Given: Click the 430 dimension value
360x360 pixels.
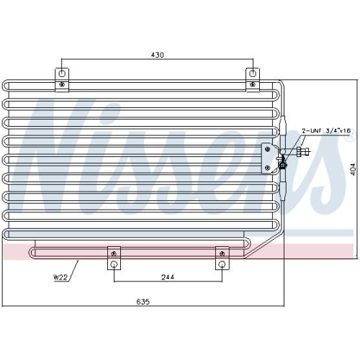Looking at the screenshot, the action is point(157,55).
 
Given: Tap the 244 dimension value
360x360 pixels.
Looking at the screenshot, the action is point(168,277).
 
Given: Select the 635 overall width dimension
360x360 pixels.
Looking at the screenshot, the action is point(143,302).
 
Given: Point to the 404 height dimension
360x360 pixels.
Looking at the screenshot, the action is point(353,169).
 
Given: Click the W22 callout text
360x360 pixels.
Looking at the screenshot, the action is point(60,277).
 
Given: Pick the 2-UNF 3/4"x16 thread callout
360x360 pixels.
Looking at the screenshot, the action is point(326,131).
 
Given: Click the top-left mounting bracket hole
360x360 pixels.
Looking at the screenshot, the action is point(62,73).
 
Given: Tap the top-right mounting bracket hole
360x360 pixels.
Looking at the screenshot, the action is point(253,73).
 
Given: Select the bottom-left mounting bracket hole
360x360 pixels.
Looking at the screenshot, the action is point(114,265).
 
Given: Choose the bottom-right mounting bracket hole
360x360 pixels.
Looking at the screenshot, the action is point(222,265).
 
